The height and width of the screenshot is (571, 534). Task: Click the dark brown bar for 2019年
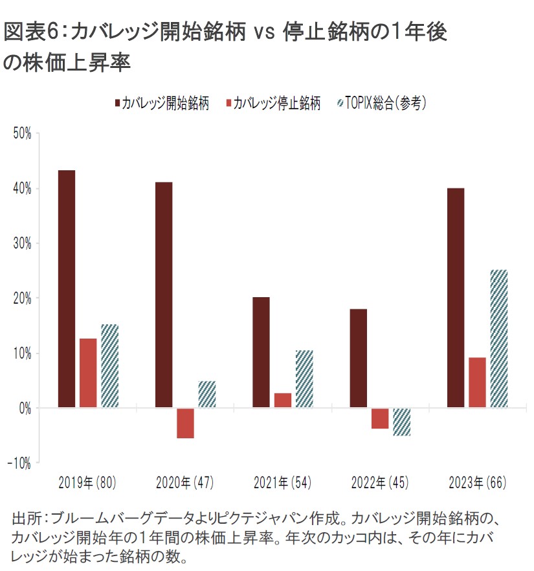coord(67,289)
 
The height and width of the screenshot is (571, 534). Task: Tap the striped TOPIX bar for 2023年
coord(498,339)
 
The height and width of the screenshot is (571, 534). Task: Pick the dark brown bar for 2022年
coord(359,358)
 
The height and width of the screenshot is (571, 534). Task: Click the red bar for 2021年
coord(283,400)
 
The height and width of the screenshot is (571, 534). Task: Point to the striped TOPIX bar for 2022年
coord(401,421)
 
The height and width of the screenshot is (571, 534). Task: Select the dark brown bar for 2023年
coord(456,298)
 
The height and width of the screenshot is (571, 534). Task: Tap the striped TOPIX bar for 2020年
coord(206,394)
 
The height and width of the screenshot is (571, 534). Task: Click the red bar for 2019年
coord(88,373)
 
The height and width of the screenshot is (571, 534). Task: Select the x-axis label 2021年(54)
coord(282,483)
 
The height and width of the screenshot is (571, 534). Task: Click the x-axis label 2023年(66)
coord(477,483)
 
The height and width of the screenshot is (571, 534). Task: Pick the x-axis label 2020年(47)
coord(184,483)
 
